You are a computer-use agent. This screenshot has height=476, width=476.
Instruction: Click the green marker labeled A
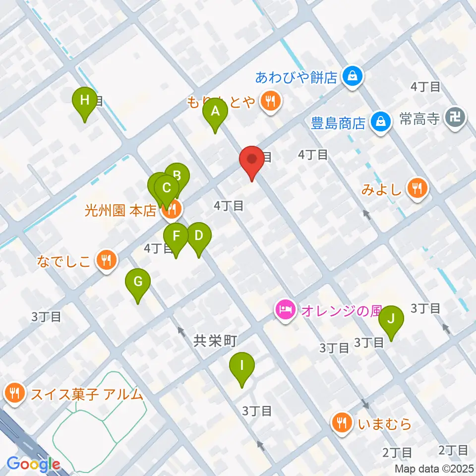click(215, 112)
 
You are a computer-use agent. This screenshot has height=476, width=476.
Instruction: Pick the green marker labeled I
click(242, 366)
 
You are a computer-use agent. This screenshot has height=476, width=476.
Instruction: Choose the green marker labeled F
click(176, 236)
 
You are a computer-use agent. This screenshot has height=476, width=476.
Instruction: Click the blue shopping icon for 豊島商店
click(381, 121)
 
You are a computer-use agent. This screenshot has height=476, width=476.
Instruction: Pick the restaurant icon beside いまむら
click(341, 423)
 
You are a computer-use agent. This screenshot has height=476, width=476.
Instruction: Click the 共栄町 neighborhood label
click(214, 341)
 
